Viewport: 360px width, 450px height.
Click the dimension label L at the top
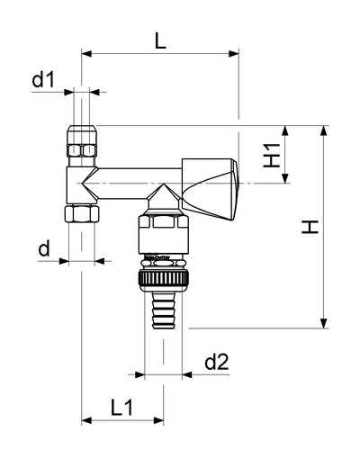160,40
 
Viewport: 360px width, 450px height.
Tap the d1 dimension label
44,80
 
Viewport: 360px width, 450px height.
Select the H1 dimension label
272,155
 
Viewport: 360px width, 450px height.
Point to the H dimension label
310,227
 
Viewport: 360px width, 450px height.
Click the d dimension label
44,248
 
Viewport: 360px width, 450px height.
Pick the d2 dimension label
217,362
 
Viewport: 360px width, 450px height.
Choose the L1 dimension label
121,408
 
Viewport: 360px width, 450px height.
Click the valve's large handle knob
210,188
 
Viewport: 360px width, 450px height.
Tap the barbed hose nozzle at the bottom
164,310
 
